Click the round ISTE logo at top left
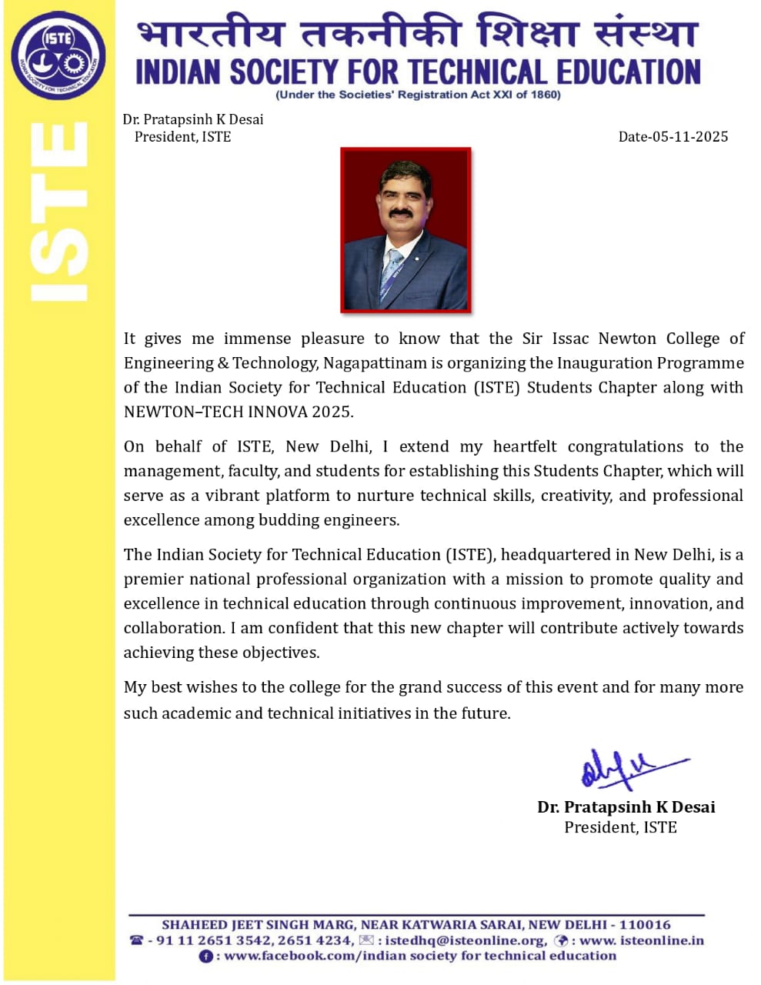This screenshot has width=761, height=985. pos(58,55)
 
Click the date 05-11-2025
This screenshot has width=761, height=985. pos(689,137)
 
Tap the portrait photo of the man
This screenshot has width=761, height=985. pos(406,230)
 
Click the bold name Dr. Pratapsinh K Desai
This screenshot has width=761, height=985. pos(626,807)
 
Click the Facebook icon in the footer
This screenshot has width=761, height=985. pos(206,957)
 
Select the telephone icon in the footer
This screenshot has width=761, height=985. pos(137,940)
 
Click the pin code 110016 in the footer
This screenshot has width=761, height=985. pos(646,925)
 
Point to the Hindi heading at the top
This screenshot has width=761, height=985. pos(418,35)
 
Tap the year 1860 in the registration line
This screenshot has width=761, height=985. pos(545,95)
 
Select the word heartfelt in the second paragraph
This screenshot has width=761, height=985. pos(525,447)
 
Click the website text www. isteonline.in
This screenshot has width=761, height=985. pos(641,940)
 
